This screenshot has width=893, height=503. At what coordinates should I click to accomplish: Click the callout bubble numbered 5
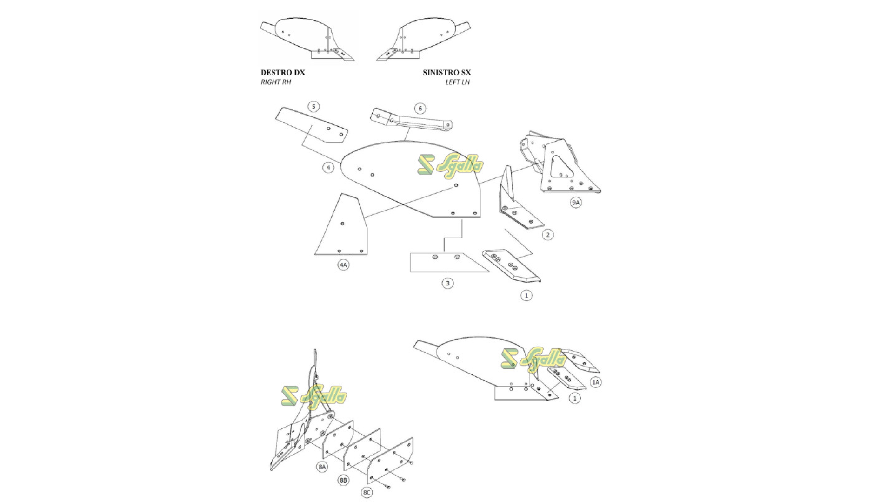coord(313,107)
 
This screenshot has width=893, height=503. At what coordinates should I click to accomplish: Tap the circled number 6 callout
coord(420,109)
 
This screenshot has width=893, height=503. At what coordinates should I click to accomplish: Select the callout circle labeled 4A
coord(343,265)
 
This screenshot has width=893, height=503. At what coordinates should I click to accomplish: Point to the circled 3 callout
coord(447,283)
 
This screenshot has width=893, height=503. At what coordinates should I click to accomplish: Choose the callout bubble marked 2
coord(547,235)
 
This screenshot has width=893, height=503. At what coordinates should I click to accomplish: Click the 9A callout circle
coord(576,202)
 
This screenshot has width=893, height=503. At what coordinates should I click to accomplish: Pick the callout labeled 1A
coord(596,382)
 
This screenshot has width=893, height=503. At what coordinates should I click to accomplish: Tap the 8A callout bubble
coord(322,467)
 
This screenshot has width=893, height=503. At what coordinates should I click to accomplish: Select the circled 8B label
coord(343,480)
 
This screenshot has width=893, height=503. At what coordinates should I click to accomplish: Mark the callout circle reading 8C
coord(367,492)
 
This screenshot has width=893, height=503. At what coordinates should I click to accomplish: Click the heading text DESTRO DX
coord(283,73)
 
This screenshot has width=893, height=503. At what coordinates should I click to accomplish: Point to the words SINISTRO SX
coord(446,73)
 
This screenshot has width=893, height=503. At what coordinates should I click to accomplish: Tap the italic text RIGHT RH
coord(276,82)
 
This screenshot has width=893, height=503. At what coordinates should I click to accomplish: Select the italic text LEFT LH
coord(458,82)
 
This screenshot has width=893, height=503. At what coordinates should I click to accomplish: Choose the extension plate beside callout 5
coord(312,125)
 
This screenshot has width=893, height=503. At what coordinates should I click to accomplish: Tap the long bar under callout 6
coord(411,119)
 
